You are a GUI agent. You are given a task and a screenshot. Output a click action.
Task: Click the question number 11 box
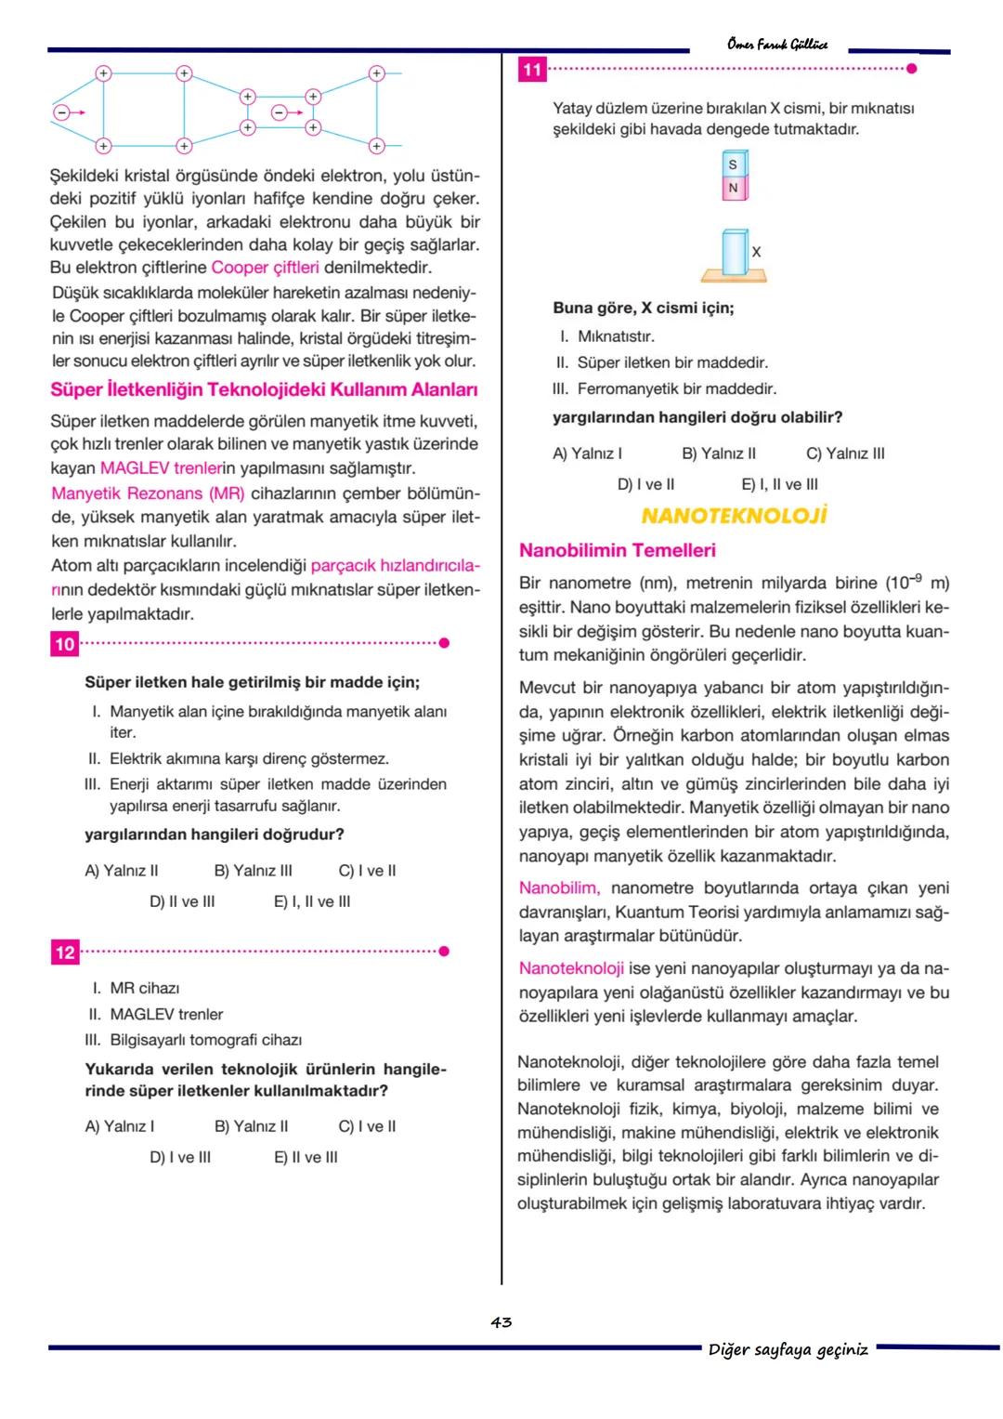(532, 70)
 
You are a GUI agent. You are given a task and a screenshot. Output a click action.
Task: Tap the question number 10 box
(64, 644)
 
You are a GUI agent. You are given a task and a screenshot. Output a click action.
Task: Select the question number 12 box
(64, 952)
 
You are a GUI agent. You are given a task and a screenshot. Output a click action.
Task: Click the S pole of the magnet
(733, 165)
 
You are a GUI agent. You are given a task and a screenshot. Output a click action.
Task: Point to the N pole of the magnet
(733, 189)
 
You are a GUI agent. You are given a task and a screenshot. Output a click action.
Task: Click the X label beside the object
(756, 252)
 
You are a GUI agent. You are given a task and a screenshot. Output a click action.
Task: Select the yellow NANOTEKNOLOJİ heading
(733, 516)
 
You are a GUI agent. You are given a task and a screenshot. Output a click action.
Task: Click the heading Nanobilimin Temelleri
(617, 550)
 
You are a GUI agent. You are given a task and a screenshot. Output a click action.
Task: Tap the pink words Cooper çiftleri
(265, 268)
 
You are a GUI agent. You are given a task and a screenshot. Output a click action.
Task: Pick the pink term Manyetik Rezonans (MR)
(148, 493)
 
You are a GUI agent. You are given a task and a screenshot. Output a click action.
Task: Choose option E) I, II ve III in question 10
(312, 901)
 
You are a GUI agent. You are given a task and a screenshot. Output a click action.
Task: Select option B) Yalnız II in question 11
(719, 453)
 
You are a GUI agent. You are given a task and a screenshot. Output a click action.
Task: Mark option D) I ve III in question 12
(180, 1157)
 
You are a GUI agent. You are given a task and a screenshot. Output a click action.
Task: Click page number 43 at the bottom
(501, 1321)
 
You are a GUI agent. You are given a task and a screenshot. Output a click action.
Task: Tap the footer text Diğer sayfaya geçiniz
(788, 1349)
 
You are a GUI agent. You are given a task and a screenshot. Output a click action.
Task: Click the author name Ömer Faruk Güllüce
(777, 44)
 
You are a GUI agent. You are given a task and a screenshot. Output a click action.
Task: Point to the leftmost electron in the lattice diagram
(62, 112)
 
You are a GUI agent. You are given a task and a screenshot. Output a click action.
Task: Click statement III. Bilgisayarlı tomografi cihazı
(194, 1040)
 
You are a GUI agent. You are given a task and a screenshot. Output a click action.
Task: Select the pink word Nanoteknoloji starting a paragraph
(571, 968)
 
